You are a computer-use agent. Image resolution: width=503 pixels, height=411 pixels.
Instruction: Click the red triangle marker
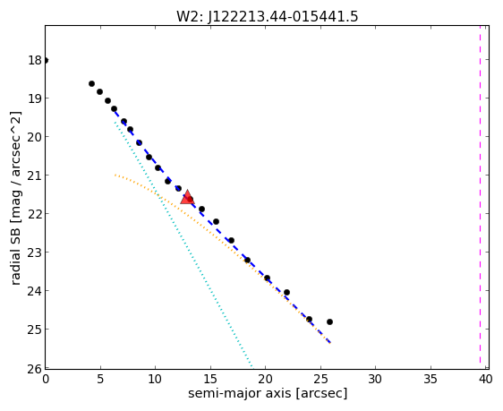click(187, 197)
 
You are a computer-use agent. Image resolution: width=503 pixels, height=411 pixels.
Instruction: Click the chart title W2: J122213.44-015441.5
click(267, 16)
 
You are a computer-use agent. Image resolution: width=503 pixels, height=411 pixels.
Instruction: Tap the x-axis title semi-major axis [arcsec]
click(268, 393)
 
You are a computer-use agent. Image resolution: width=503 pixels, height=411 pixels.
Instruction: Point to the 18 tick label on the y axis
click(35, 60)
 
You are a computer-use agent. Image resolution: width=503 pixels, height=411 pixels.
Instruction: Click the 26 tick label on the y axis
click(35, 369)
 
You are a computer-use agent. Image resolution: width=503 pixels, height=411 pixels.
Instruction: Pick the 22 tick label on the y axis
click(35, 214)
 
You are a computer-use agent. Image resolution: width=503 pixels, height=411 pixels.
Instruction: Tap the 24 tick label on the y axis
click(35, 291)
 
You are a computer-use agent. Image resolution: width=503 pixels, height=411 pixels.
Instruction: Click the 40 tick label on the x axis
click(485, 380)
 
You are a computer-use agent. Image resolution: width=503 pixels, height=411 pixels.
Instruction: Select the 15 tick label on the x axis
click(210, 380)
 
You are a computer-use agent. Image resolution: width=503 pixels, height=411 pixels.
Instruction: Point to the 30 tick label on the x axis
click(375, 380)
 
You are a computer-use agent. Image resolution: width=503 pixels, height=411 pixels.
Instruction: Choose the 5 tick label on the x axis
click(100, 380)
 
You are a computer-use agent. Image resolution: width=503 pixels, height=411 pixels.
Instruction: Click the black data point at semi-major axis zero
click(46, 60)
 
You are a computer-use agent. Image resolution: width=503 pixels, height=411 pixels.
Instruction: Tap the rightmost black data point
click(329, 321)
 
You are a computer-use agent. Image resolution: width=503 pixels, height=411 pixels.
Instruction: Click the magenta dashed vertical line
click(480, 194)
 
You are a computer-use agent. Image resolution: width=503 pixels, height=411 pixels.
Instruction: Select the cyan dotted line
click(183, 244)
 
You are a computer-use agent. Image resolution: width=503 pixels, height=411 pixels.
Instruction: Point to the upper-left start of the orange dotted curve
click(115, 175)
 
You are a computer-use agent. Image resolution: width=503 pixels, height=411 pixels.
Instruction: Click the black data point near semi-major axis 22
click(286, 292)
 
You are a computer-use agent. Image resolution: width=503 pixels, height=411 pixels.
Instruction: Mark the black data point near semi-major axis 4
click(92, 84)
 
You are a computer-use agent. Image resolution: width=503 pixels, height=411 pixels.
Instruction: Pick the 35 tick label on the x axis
click(431, 380)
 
